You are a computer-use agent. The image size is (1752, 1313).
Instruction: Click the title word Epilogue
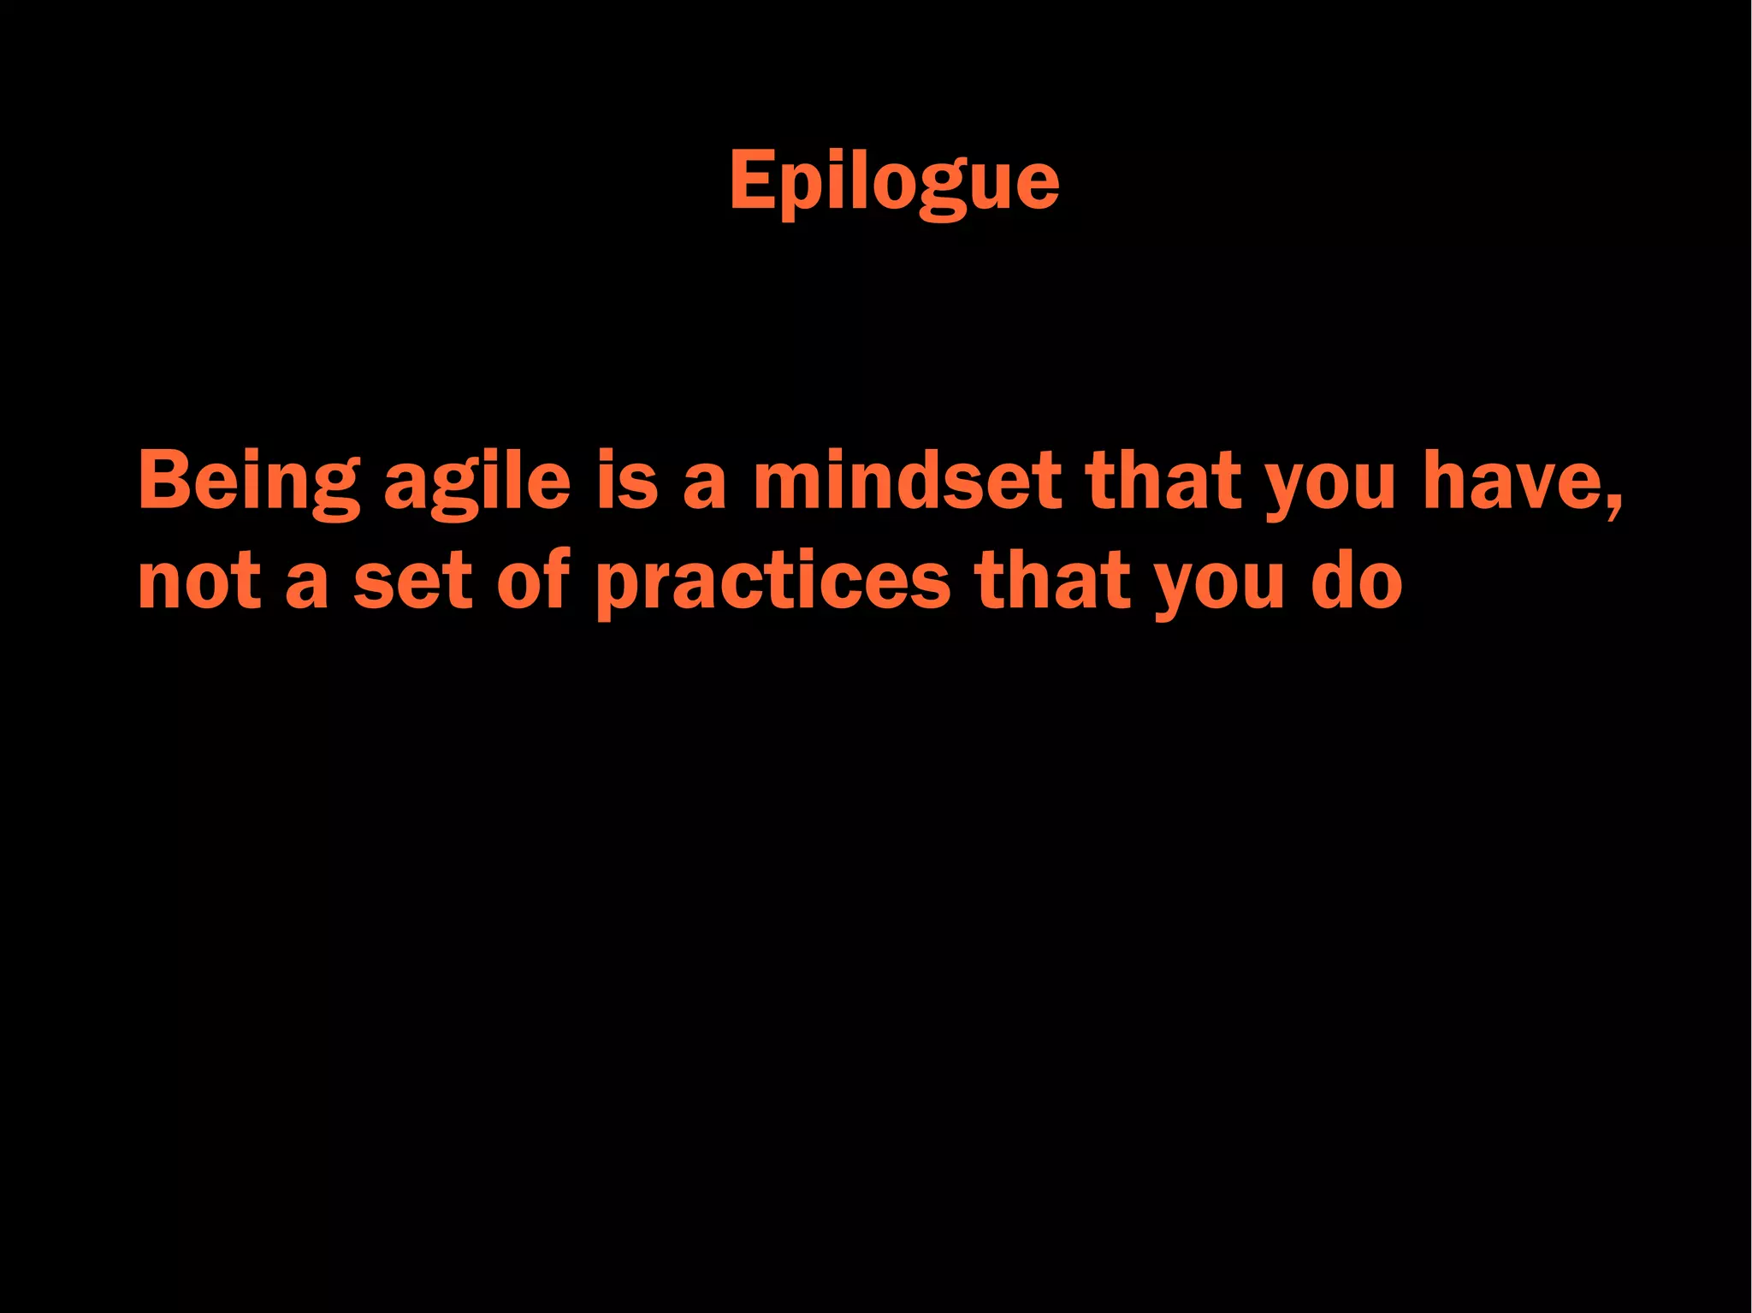(x=894, y=181)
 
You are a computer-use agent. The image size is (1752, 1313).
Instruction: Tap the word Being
(x=249, y=482)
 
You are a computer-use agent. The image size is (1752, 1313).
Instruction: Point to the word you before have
(x=1331, y=486)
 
